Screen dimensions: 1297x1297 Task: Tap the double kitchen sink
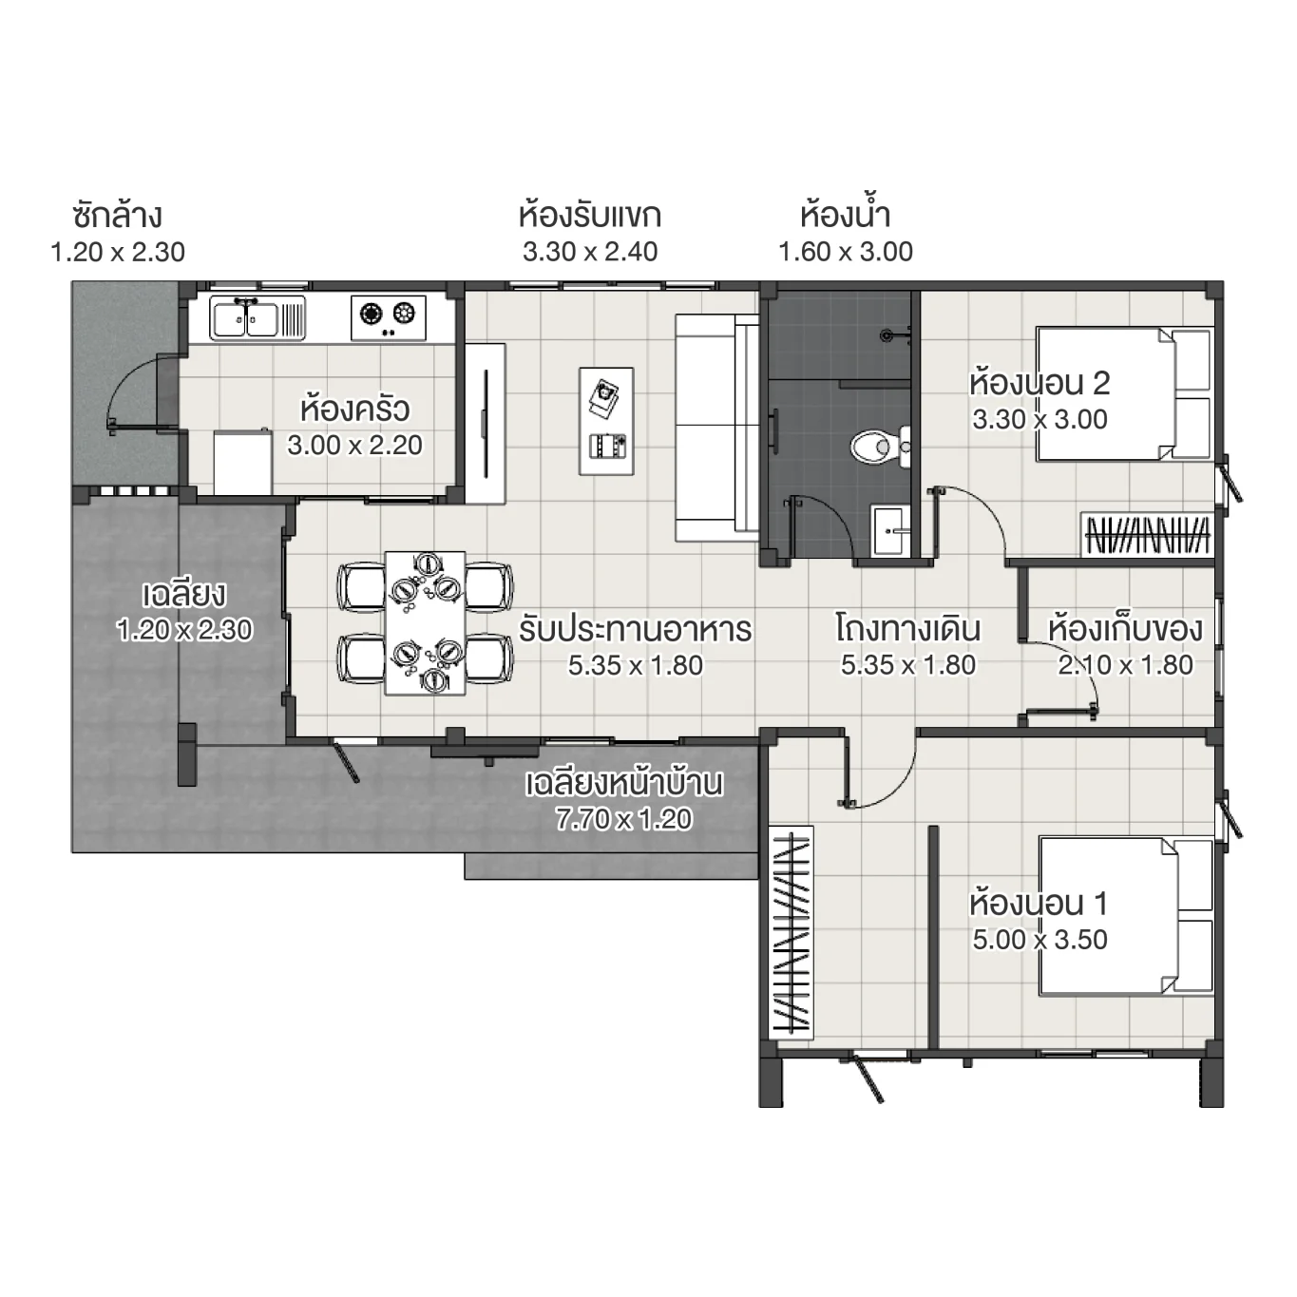click(246, 318)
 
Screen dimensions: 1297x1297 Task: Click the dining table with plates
click(425, 623)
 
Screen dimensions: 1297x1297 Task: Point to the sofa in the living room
click(715, 428)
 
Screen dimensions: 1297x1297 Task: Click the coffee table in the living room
click(605, 420)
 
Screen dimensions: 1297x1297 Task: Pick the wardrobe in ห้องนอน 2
click(1147, 534)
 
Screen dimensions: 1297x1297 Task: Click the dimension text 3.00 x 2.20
click(354, 445)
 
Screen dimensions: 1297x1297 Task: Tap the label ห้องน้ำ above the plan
click(845, 216)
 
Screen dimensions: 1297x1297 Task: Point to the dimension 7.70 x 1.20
click(623, 819)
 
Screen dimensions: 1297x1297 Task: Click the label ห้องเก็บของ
click(1125, 629)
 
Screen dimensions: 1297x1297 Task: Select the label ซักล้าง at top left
click(117, 216)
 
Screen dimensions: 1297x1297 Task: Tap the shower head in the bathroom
click(887, 334)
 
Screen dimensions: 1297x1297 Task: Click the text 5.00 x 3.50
click(1040, 940)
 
